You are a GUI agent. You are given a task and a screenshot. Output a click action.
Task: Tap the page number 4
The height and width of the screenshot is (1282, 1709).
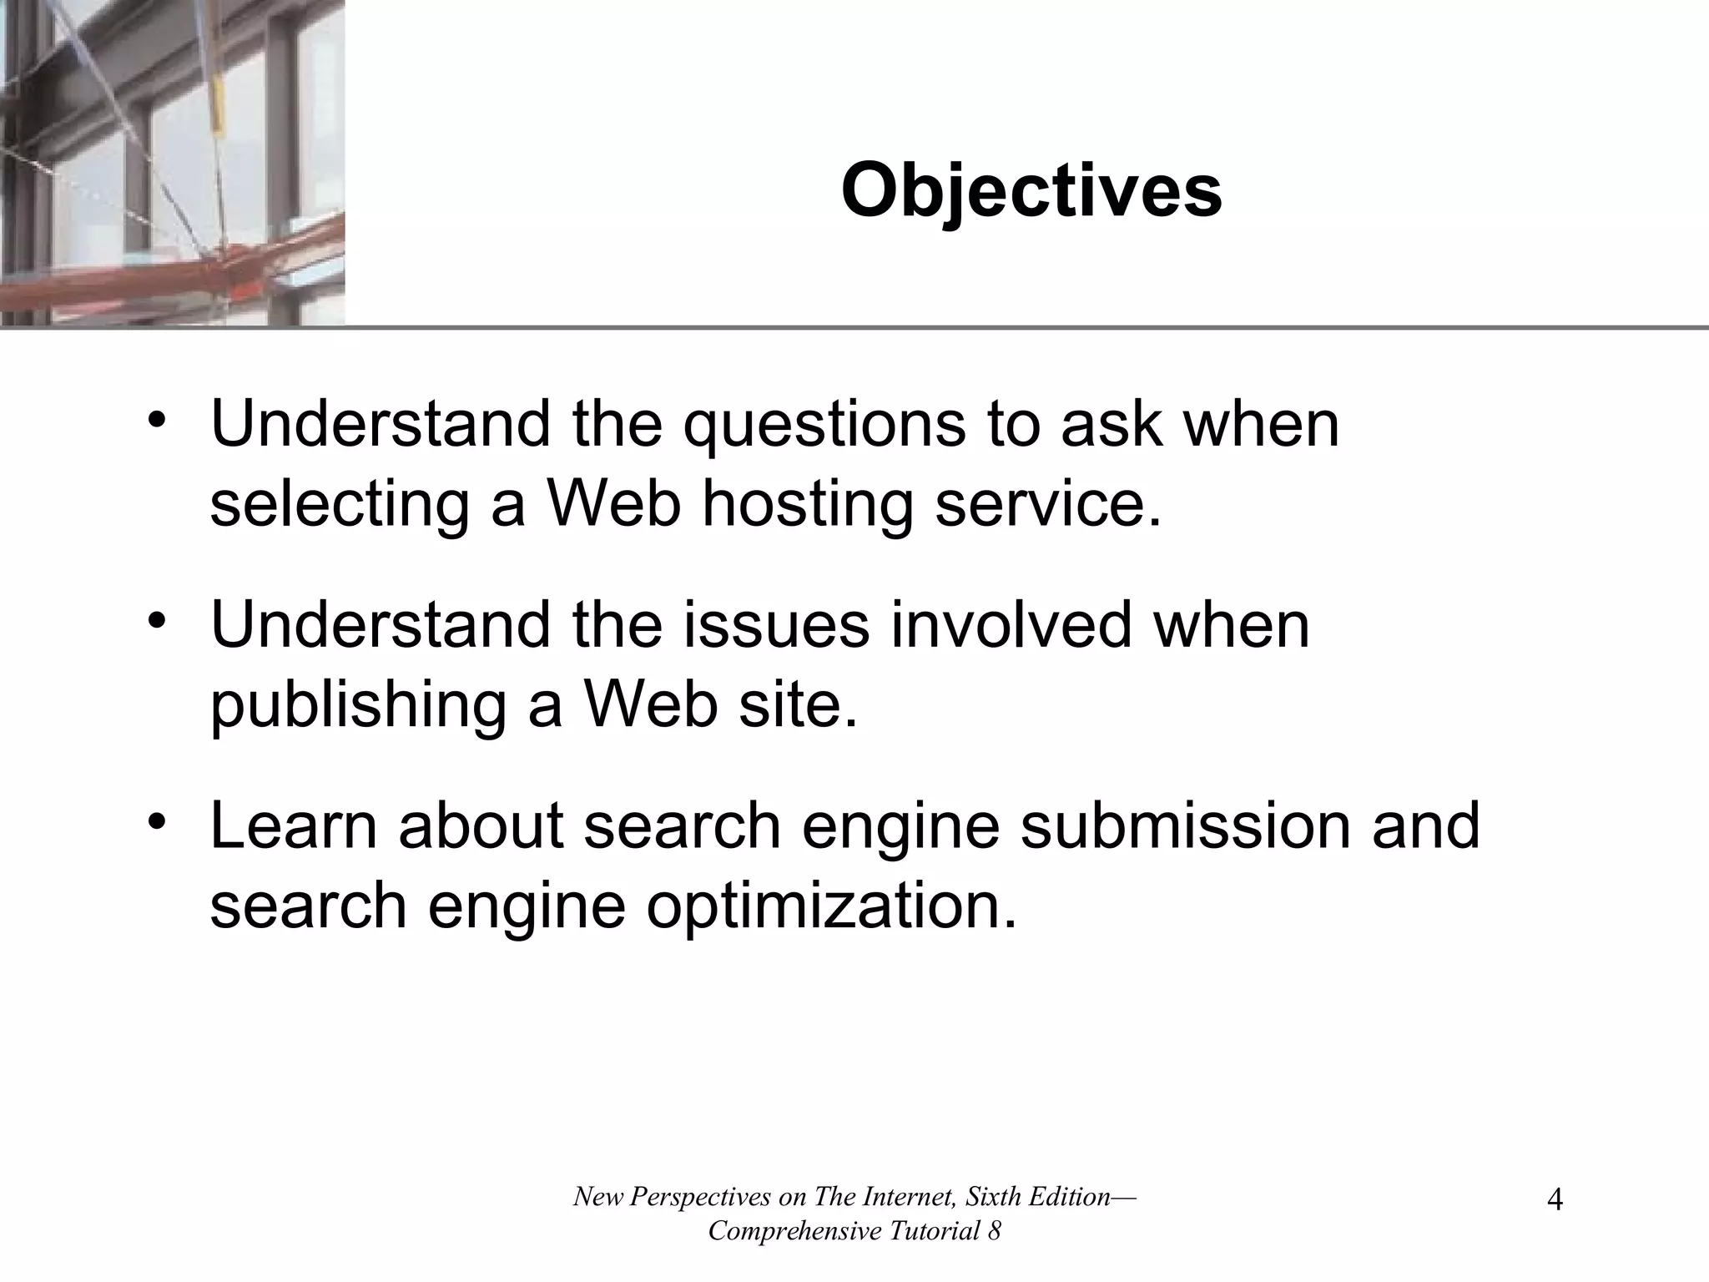coord(1555,1201)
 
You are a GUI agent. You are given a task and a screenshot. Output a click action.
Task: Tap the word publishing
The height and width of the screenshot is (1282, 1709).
coord(358,706)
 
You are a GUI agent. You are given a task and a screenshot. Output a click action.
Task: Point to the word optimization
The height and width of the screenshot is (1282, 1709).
coord(831,906)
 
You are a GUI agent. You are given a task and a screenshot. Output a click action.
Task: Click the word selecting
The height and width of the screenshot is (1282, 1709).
coord(340,507)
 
